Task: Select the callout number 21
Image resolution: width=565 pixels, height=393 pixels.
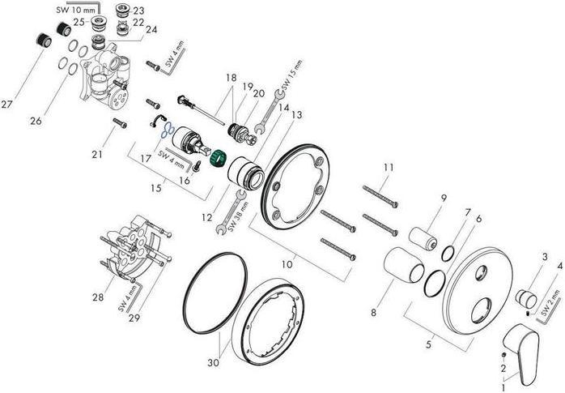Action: point(98,154)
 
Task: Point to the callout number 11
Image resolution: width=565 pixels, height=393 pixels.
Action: point(389,167)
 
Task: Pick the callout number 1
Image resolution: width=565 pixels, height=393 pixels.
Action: point(508,387)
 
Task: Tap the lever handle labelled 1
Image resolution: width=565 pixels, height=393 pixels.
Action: point(521,352)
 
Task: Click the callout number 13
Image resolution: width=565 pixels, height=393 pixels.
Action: point(297,115)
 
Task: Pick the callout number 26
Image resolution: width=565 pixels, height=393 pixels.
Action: point(36,122)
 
